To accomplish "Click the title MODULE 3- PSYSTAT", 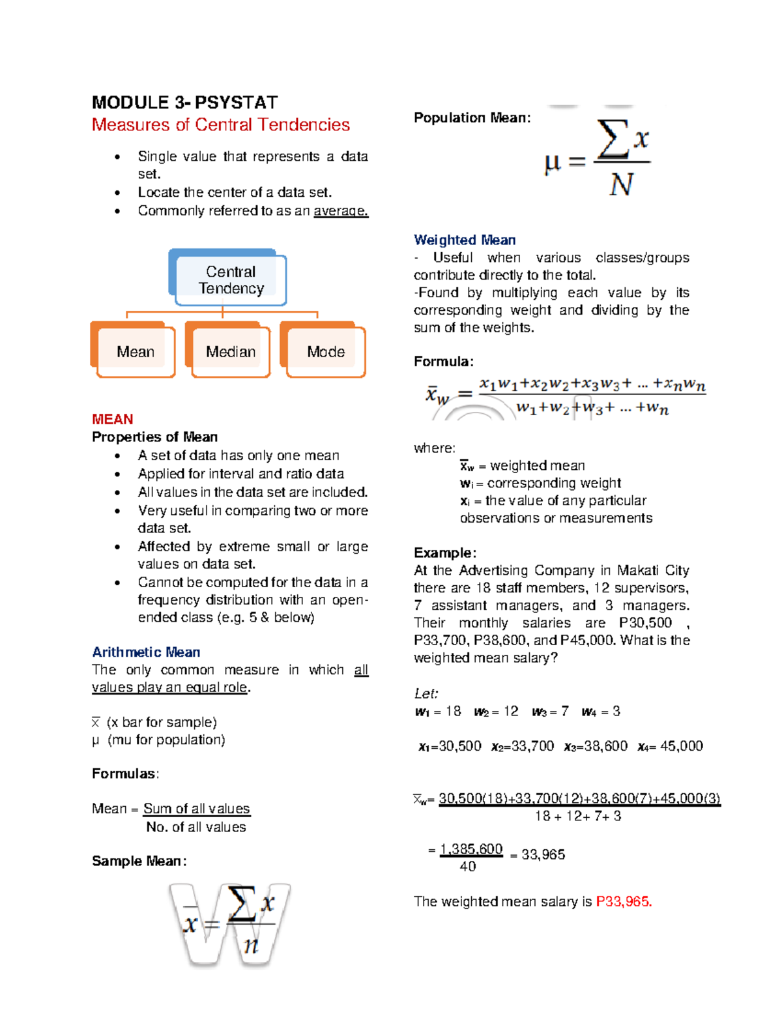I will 184,103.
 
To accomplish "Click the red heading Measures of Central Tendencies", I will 220,124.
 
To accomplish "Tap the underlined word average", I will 341,211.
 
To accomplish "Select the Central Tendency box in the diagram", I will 231,280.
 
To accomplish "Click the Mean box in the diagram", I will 135,352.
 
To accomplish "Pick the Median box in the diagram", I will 231,352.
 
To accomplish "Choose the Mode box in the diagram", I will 326,352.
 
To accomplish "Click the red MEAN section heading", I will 112,419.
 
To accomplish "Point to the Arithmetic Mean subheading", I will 146,652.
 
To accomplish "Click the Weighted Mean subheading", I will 465,240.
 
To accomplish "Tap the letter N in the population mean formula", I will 621,185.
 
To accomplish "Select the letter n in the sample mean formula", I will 251,945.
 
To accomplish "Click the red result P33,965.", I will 624,902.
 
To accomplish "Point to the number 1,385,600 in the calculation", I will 471,849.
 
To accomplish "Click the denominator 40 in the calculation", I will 468,867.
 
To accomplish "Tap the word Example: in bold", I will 445,553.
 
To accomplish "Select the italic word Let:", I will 426,693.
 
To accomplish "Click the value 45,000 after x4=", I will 682,746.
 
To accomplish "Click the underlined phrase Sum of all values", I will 196,809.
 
